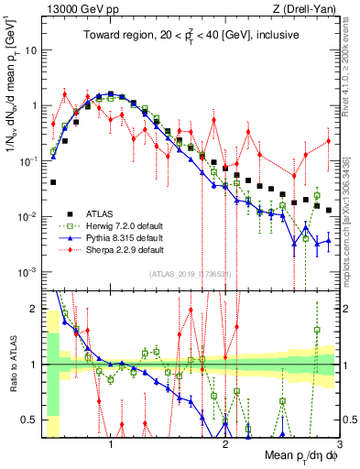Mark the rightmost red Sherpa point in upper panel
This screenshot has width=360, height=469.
329,140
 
